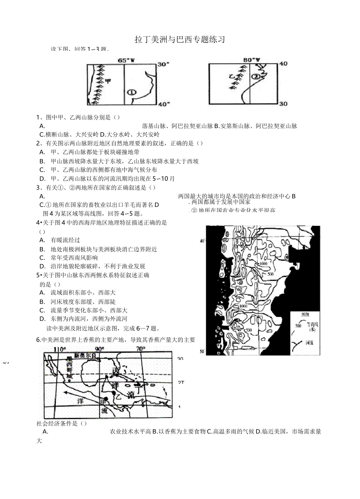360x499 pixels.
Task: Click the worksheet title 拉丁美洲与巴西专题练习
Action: (180, 39)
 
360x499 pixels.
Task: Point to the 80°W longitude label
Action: (252, 59)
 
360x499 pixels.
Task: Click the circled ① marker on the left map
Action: (131, 92)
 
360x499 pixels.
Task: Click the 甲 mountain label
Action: (108, 81)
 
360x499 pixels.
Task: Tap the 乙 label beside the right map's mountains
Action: (232, 77)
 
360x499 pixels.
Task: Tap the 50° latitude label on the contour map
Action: (202, 352)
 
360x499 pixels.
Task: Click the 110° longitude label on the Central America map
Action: (60, 349)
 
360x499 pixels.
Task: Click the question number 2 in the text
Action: (38, 143)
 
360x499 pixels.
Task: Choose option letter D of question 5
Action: (42, 319)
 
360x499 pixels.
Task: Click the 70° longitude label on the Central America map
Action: (141, 349)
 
